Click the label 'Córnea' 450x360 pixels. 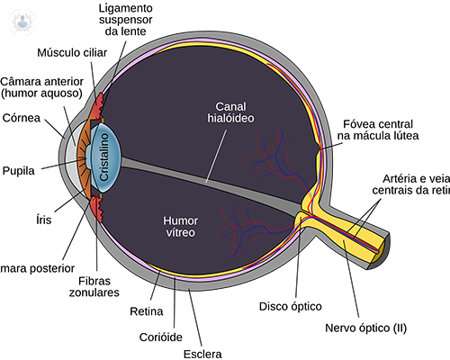pyautogui.click(x=22, y=116)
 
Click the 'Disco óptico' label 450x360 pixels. pyautogui.click(x=292, y=305)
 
